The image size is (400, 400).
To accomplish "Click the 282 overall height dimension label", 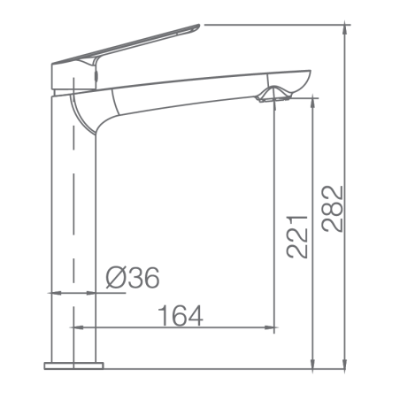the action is (332, 209).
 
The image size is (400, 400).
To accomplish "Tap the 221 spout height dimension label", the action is (297, 237).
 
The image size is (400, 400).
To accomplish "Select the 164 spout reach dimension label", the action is (181, 316).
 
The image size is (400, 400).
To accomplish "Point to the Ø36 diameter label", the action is (133, 277).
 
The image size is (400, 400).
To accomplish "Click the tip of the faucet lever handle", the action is (198, 26).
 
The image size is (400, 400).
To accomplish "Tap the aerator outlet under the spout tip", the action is (273, 100).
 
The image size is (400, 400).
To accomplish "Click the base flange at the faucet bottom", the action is (73, 365).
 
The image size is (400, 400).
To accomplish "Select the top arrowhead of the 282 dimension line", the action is (345, 29).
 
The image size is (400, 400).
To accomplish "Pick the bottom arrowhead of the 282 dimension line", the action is (345, 364).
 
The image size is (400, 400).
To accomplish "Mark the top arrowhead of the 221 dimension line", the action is (313, 103).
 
